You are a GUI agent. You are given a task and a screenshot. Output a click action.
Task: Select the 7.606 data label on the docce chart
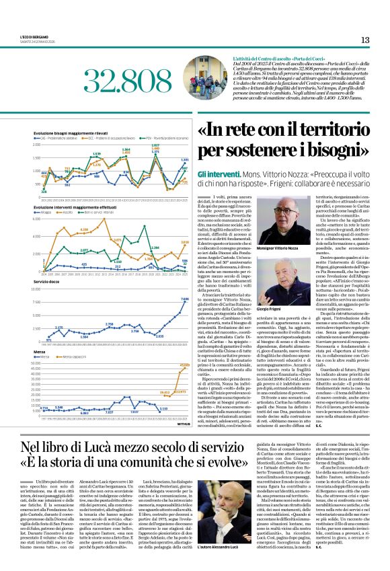184,299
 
